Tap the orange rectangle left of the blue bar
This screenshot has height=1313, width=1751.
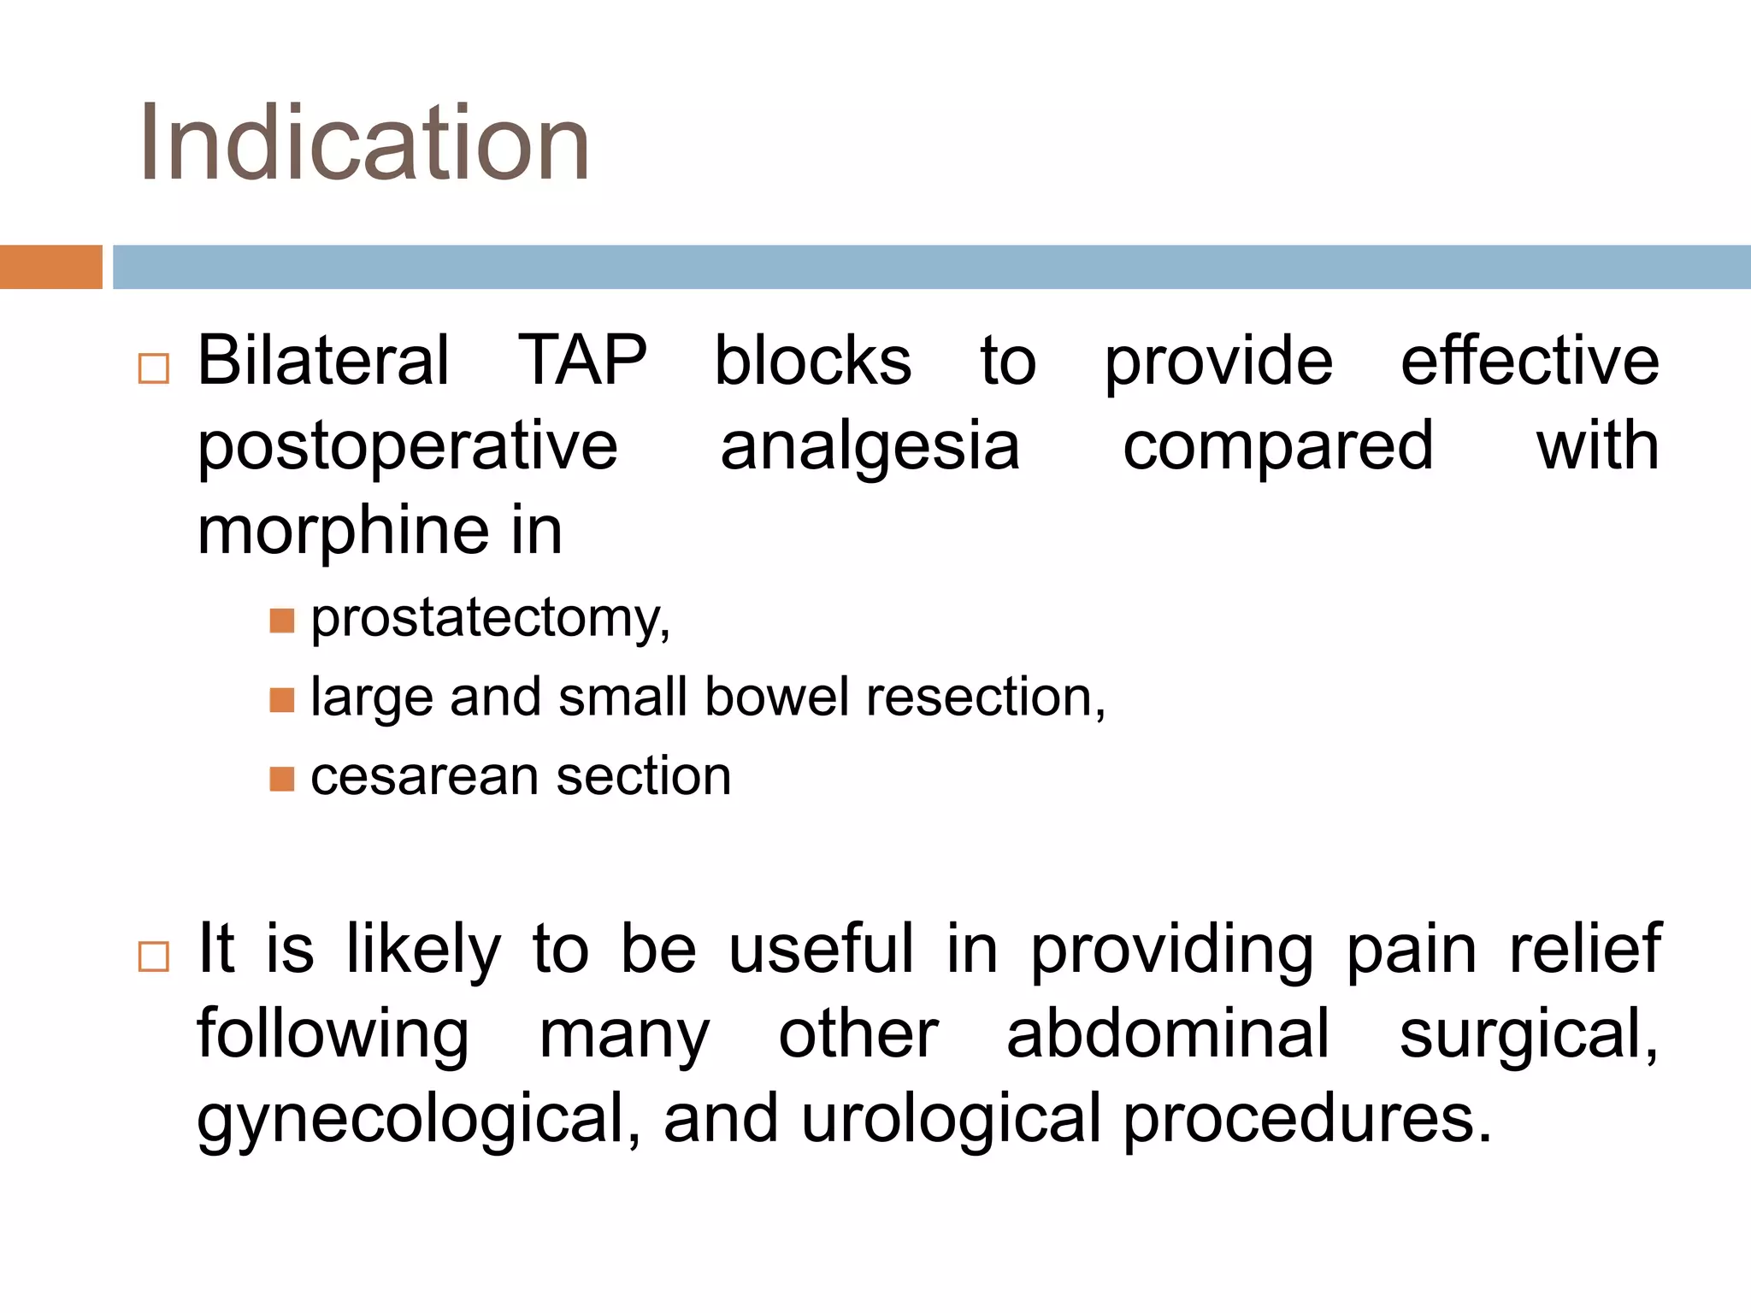click(50, 267)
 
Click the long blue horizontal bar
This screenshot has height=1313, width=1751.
click(931, 267)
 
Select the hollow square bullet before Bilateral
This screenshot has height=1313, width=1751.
click(154, 368)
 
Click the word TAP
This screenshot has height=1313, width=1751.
click(582, 361)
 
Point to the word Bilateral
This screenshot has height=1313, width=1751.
click(323, 361)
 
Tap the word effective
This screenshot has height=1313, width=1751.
click(1530, 361)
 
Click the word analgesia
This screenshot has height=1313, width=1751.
click(870, 446)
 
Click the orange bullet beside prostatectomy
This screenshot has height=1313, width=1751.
click(281, 620)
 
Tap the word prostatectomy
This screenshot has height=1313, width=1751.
click(489, 618)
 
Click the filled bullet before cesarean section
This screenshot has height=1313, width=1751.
click(281, 779)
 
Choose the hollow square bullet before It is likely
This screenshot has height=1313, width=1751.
click(154, 957)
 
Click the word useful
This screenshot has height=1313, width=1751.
click(821, 949)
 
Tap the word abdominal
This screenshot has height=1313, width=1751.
click(1168, 1033)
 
